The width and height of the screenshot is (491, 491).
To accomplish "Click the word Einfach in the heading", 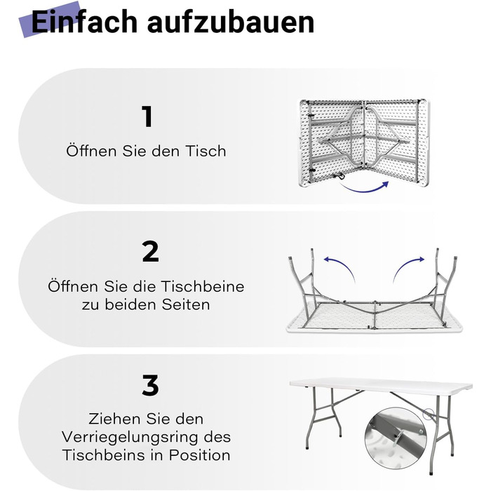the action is [x=84, y=22].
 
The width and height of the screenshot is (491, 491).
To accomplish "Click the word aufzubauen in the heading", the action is [x=231, y=22].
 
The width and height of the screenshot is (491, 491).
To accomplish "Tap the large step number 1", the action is [x=147, y=116].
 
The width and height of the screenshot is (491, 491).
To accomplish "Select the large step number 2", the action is [x=150, y=251].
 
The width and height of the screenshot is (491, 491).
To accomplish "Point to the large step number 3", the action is [x=150, y=385].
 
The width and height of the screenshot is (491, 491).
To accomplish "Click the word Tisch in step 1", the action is [x=206, y=151].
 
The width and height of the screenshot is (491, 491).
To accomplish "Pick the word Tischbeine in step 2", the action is [x=203, y=286].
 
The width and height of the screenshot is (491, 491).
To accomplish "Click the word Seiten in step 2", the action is [x=186, y=304].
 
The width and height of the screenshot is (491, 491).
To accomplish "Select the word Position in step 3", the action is [x=200, y=455].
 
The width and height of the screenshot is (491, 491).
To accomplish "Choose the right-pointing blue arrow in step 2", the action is [x=407, y=266].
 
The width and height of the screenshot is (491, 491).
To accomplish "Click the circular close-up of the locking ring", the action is [x=396, y=438].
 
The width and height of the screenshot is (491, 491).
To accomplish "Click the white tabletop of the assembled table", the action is [x=381, y=386].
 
